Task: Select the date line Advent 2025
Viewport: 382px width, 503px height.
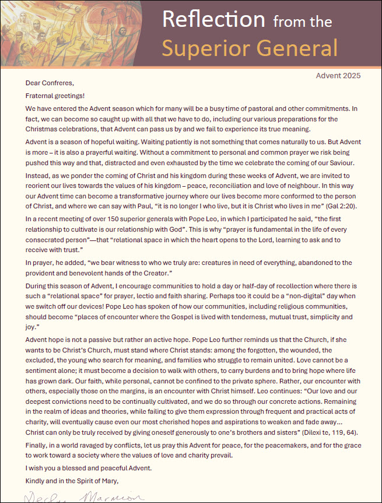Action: pyautogui.click(x=338, y=75)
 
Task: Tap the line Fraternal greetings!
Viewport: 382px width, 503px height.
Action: pyautogui.click(x=55, y=95)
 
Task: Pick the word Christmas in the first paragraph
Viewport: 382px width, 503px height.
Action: pyautogui.click(x=44, y=129)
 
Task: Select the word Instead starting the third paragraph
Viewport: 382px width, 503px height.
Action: pyautogui.click(x=39, y=176)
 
